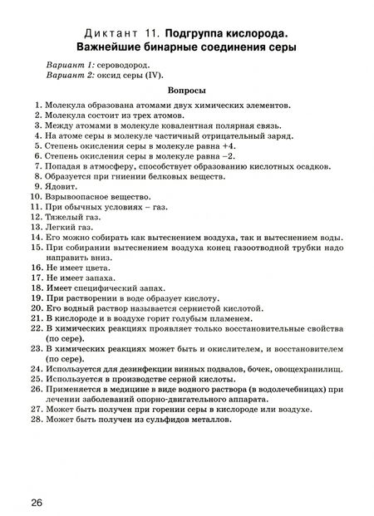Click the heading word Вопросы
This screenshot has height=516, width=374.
[186, 90]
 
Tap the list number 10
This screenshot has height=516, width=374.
[34, 199]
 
